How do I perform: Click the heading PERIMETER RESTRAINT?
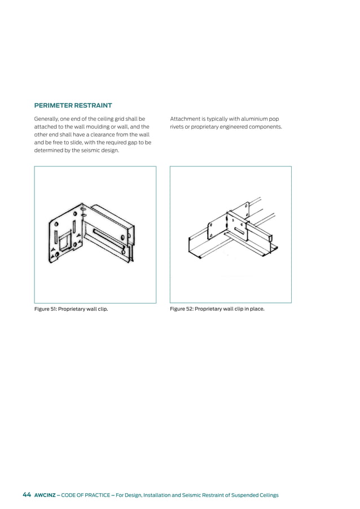point(73,106)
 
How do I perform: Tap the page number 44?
point(27,495)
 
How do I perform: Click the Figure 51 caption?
point(71,309)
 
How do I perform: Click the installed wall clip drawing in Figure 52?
point(231,231)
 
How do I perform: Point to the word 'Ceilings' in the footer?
point(266,495)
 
